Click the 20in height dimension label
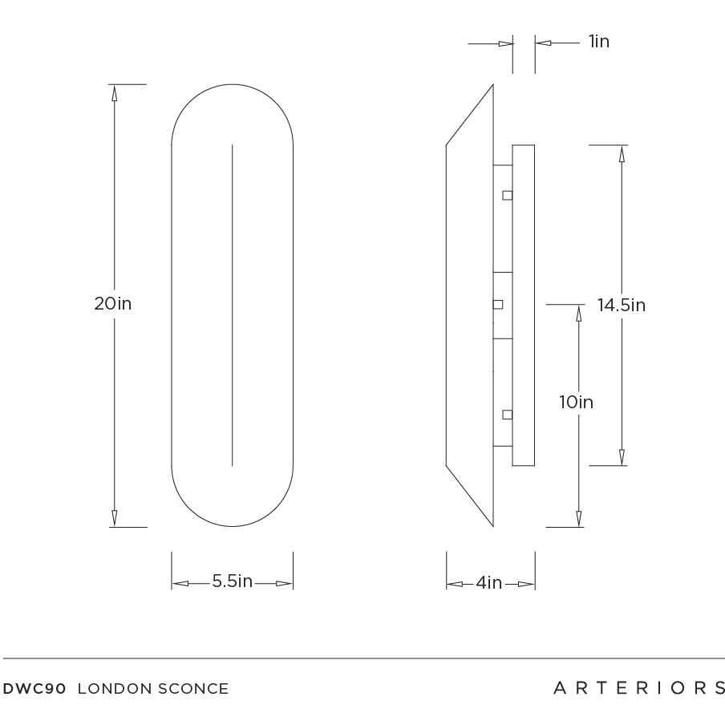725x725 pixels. (112, 304)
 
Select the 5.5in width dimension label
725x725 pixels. (232, 582)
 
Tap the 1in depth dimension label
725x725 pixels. (598, 42)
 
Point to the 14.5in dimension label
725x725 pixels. (621, 305)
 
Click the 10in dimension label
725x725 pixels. (576, 403)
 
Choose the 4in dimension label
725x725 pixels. (488, 583)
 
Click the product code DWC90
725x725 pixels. (35, 689)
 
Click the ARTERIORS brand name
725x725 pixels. (639, 688)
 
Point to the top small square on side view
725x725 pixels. (507, 195)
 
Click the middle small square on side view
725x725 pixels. (497, 305)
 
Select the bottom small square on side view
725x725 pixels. (507, 414)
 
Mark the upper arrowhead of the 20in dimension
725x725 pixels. (114, 92)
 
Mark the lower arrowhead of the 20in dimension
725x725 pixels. (114, 518)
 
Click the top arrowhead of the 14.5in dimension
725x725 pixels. (622, 154)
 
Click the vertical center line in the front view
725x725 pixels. (233, 305)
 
